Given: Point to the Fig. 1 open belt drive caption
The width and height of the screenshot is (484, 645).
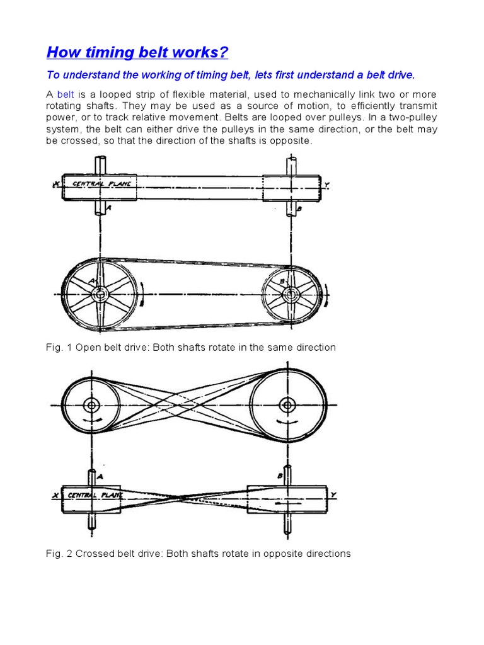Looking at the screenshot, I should coord(191,347).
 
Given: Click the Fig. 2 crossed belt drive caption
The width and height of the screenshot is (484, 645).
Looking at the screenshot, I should coord(198,554).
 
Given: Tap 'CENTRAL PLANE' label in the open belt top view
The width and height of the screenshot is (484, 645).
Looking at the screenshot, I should coord(101,185).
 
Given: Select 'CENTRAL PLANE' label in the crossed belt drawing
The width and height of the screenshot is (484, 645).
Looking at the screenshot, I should coord(92,495).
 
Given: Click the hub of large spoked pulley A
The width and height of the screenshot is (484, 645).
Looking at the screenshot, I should coord(99,294).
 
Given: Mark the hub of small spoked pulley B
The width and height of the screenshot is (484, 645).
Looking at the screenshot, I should coord(290,294).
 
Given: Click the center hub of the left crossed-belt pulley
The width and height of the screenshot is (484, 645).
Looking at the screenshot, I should coord(91,404).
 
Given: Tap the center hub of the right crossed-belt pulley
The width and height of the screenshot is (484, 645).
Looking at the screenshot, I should coord(288,404).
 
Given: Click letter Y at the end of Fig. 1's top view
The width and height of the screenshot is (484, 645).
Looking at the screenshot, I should coord(326,186).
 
